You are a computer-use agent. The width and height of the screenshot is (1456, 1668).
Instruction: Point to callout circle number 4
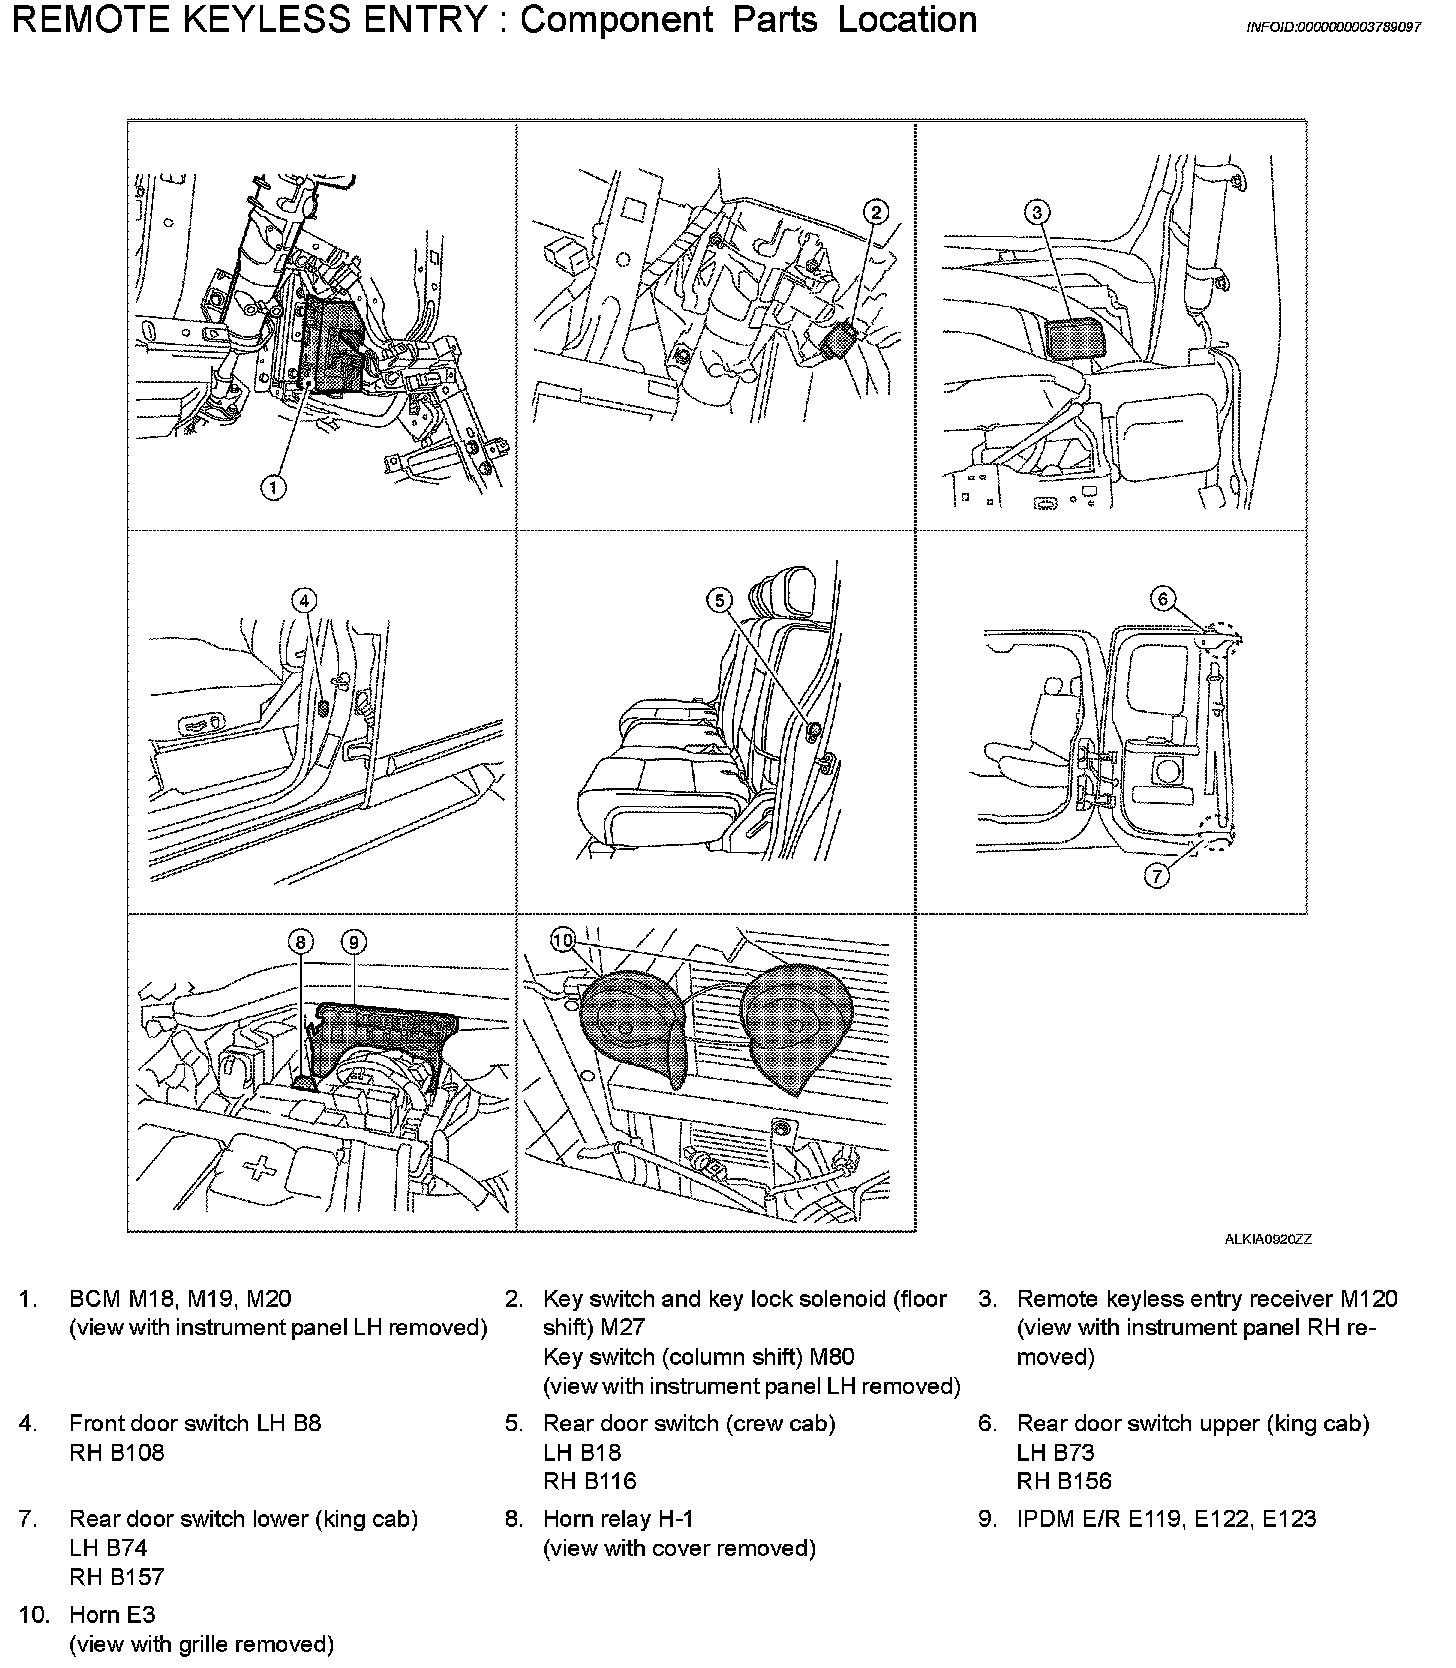(304, 599)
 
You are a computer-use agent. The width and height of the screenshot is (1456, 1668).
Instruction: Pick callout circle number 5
(719, 600)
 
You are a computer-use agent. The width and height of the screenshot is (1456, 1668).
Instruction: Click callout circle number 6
(1162, 599)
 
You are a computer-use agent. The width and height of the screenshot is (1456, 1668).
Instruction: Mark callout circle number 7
(1156, 876)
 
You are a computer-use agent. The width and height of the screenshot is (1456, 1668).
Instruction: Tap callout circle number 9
(353, 941)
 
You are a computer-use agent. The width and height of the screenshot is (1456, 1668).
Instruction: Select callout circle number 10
(563, 940)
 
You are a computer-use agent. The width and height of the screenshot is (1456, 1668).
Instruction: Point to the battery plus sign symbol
(262, 1167)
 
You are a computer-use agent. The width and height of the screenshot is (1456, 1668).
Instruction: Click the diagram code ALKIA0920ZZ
(1268, 1239)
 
